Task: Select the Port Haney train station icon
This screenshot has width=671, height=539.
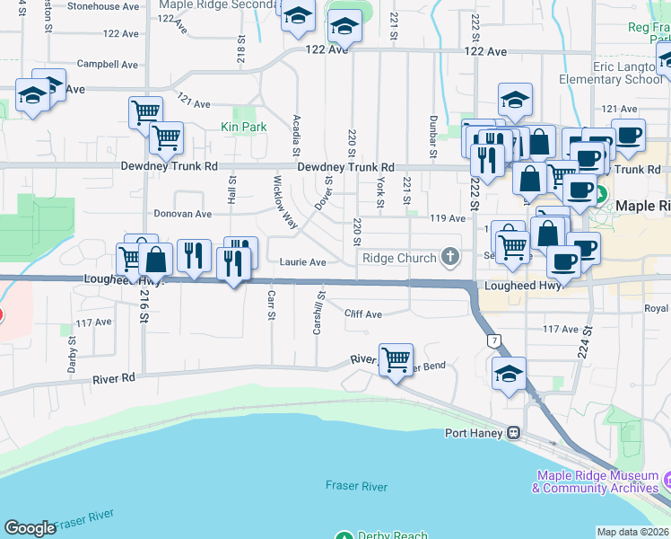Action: coord(513,433)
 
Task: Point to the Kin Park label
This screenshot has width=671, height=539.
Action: coord(244,128)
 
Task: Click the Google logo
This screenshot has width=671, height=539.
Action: coord(30,527)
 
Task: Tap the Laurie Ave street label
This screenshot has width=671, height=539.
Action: coord(301,262)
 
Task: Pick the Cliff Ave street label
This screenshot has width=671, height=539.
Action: coord(363,314)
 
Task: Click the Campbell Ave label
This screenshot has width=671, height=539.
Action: coord(108,65)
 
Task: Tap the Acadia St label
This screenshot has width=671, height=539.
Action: coord(296,134)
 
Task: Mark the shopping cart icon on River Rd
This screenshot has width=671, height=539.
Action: coord(396,359)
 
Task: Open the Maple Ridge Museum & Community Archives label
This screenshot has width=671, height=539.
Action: coord(597,482)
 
